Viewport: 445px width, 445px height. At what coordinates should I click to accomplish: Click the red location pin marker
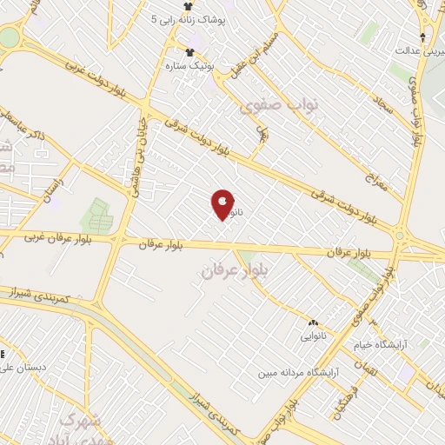[223, 203]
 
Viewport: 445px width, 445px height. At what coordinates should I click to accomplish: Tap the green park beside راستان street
[96, 216]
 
